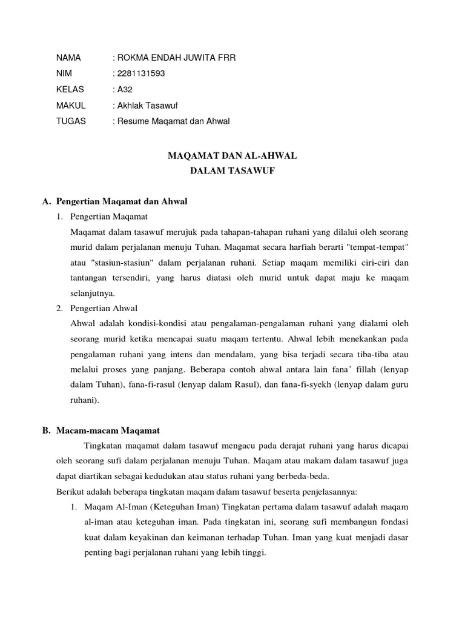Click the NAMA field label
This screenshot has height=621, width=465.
(68, 58)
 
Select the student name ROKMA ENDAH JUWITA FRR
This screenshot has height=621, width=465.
(175, 58)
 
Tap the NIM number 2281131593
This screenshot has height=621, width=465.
(140, 74)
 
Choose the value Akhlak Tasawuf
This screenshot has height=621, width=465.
(147, 106)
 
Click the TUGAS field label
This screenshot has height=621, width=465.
(71, 121)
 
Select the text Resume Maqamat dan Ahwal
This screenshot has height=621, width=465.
(173, 121)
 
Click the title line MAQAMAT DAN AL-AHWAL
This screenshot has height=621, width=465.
(232, 156)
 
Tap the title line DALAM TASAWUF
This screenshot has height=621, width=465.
(232, 172)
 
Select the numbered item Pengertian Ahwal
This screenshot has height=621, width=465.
(104, 309)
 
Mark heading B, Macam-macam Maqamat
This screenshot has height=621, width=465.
(101, 431)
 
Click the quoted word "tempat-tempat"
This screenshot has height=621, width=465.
(381, 247)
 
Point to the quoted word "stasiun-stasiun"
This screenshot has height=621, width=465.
(118, 263)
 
